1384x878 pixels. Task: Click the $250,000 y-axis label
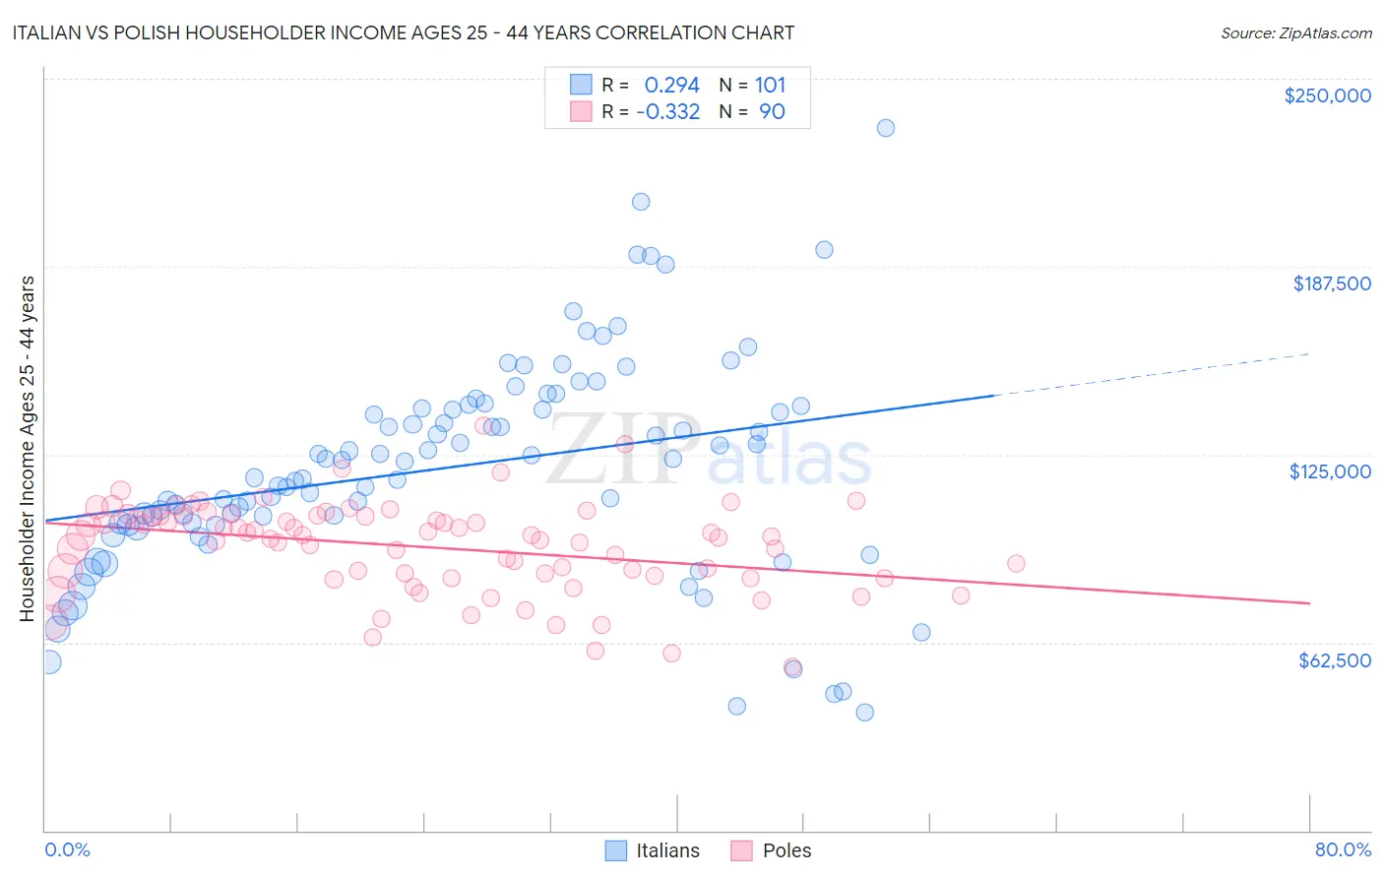point(1327,95)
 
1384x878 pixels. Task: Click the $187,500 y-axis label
point(1331,283)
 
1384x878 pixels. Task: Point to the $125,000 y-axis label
point(1330,471)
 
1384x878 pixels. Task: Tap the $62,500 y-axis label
point(1335,660)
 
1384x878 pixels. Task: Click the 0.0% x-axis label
point(68,849)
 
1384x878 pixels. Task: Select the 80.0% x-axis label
point(1343,849)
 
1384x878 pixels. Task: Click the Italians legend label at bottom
point(667,850)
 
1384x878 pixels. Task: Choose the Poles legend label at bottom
point(787,850)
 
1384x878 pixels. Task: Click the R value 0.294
point(671,86)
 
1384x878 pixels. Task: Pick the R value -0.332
point(667,112)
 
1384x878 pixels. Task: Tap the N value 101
point(770,86)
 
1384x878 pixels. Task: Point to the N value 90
point(772,112)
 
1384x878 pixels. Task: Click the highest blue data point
point(886,128)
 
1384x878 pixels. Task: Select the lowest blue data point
point(865,713)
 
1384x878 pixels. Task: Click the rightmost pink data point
point(1017,564)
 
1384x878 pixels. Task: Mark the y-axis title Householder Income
point(28,448)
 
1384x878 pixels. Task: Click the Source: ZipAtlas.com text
point(1295,33)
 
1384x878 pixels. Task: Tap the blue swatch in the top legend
point(581,86)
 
